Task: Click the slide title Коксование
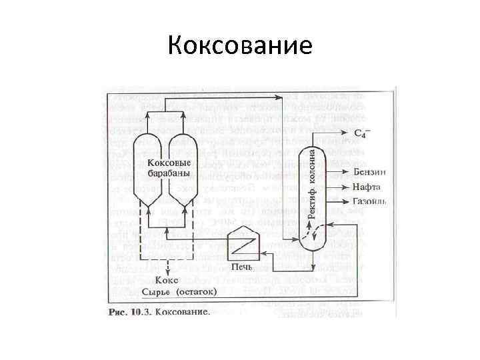[x=240, y=45]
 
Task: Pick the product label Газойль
[x=369, y=201]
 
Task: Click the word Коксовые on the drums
[x=168, y=163]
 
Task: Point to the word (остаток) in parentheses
[x=197, y=292]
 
